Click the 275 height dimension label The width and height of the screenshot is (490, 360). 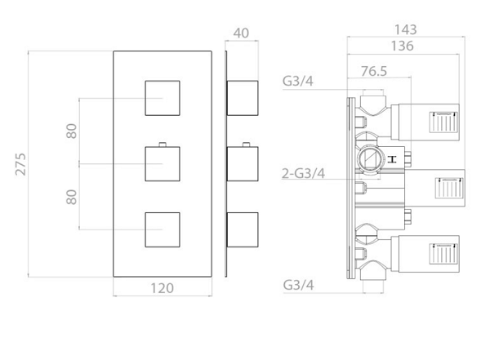pyautogui.click(x=21, y=164)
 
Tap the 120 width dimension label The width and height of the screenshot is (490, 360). pyautogui.click(x=163, y=288)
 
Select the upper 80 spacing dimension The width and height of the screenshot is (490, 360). pyautogui.click(x=72, y=131)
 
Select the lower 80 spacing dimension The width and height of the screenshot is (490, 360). pyautogui.click(x=72, y=197)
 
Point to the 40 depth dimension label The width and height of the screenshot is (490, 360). pyautogui.click(x=241, y=33)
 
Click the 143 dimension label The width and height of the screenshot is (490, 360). pyautogui.click(x=406, y=29)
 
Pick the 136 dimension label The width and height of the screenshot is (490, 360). pyautogui.click(x=403, y=46)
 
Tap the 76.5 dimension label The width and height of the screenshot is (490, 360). pyautogui.click(x=374, y=71)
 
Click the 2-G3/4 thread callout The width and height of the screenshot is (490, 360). pyautogui.click(x=304, y=173)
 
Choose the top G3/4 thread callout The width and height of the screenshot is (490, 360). pyautogui.click(x=298, y=82)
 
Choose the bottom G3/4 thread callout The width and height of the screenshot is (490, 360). pyautogui.click(x=298, y=285)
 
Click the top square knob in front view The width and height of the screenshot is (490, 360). pyautogui.click(x=163, y=98)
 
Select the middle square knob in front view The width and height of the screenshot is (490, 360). pyautogui.click(x=163, y=164)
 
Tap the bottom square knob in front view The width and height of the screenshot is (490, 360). pyautogui.click(x=163, y=229)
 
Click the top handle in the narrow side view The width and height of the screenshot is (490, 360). pyautogui.click(x=243, y=98)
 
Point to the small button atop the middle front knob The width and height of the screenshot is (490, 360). pyautogui.click(x=163, y=144)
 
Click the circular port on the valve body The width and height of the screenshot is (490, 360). pyautogui.click(x=370, y=159)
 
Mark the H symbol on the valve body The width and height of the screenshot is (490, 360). pyautogui.click(x=392, y=159)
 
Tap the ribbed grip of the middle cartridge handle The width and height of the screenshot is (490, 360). pyautogui.click(x=449, y=188)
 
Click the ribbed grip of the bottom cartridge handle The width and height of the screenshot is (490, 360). pyautogui.click(x=443, y=254)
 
